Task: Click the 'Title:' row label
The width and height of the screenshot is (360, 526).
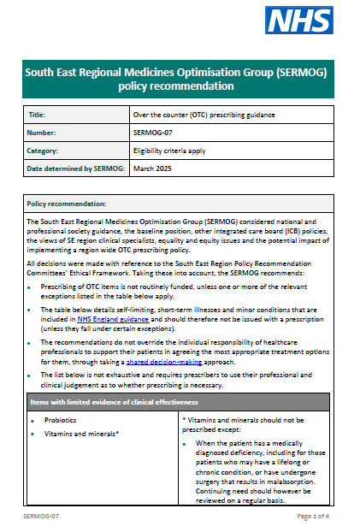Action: [x=38, y=113]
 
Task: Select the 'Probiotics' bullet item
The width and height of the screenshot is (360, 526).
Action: [x=60, y=421]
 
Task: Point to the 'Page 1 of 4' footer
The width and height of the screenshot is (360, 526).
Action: [x=316, y=517]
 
